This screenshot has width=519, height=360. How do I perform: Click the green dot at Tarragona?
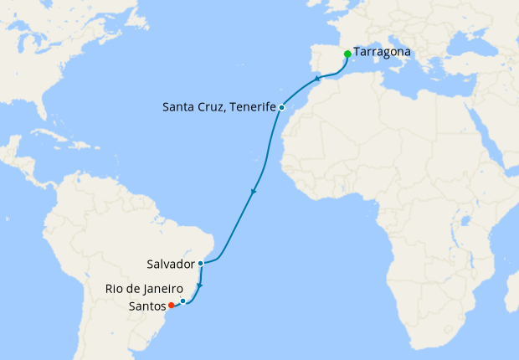[347, 54]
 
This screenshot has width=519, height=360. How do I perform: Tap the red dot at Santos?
[171, 305]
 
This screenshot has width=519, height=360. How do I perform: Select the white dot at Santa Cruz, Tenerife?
[282, 107]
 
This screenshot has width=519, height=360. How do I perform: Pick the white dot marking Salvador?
[200, 263]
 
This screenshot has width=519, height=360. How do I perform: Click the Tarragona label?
[382, 52]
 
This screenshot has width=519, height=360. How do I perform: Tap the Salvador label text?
[169, 263]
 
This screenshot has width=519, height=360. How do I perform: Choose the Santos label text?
[147, 306]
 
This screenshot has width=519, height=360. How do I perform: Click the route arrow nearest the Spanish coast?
[317, 80]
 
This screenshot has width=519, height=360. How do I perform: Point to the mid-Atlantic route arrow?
[253, 194]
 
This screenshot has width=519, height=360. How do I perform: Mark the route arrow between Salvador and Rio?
[199, 285]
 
